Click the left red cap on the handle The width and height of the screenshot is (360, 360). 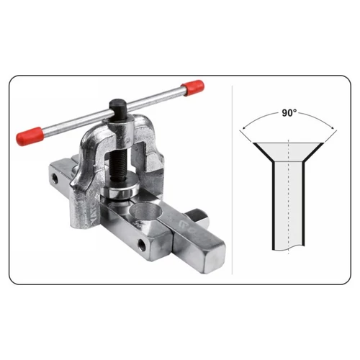click(30, 136)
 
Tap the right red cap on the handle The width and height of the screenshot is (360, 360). click(193, 88)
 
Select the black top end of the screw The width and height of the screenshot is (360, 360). click(117, 107)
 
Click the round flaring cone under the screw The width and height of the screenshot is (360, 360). click(120, 189)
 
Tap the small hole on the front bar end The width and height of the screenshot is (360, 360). click(142, 245)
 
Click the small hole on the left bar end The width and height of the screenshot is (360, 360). click(55, 179)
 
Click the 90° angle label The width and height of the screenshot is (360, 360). click(289, 113)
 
